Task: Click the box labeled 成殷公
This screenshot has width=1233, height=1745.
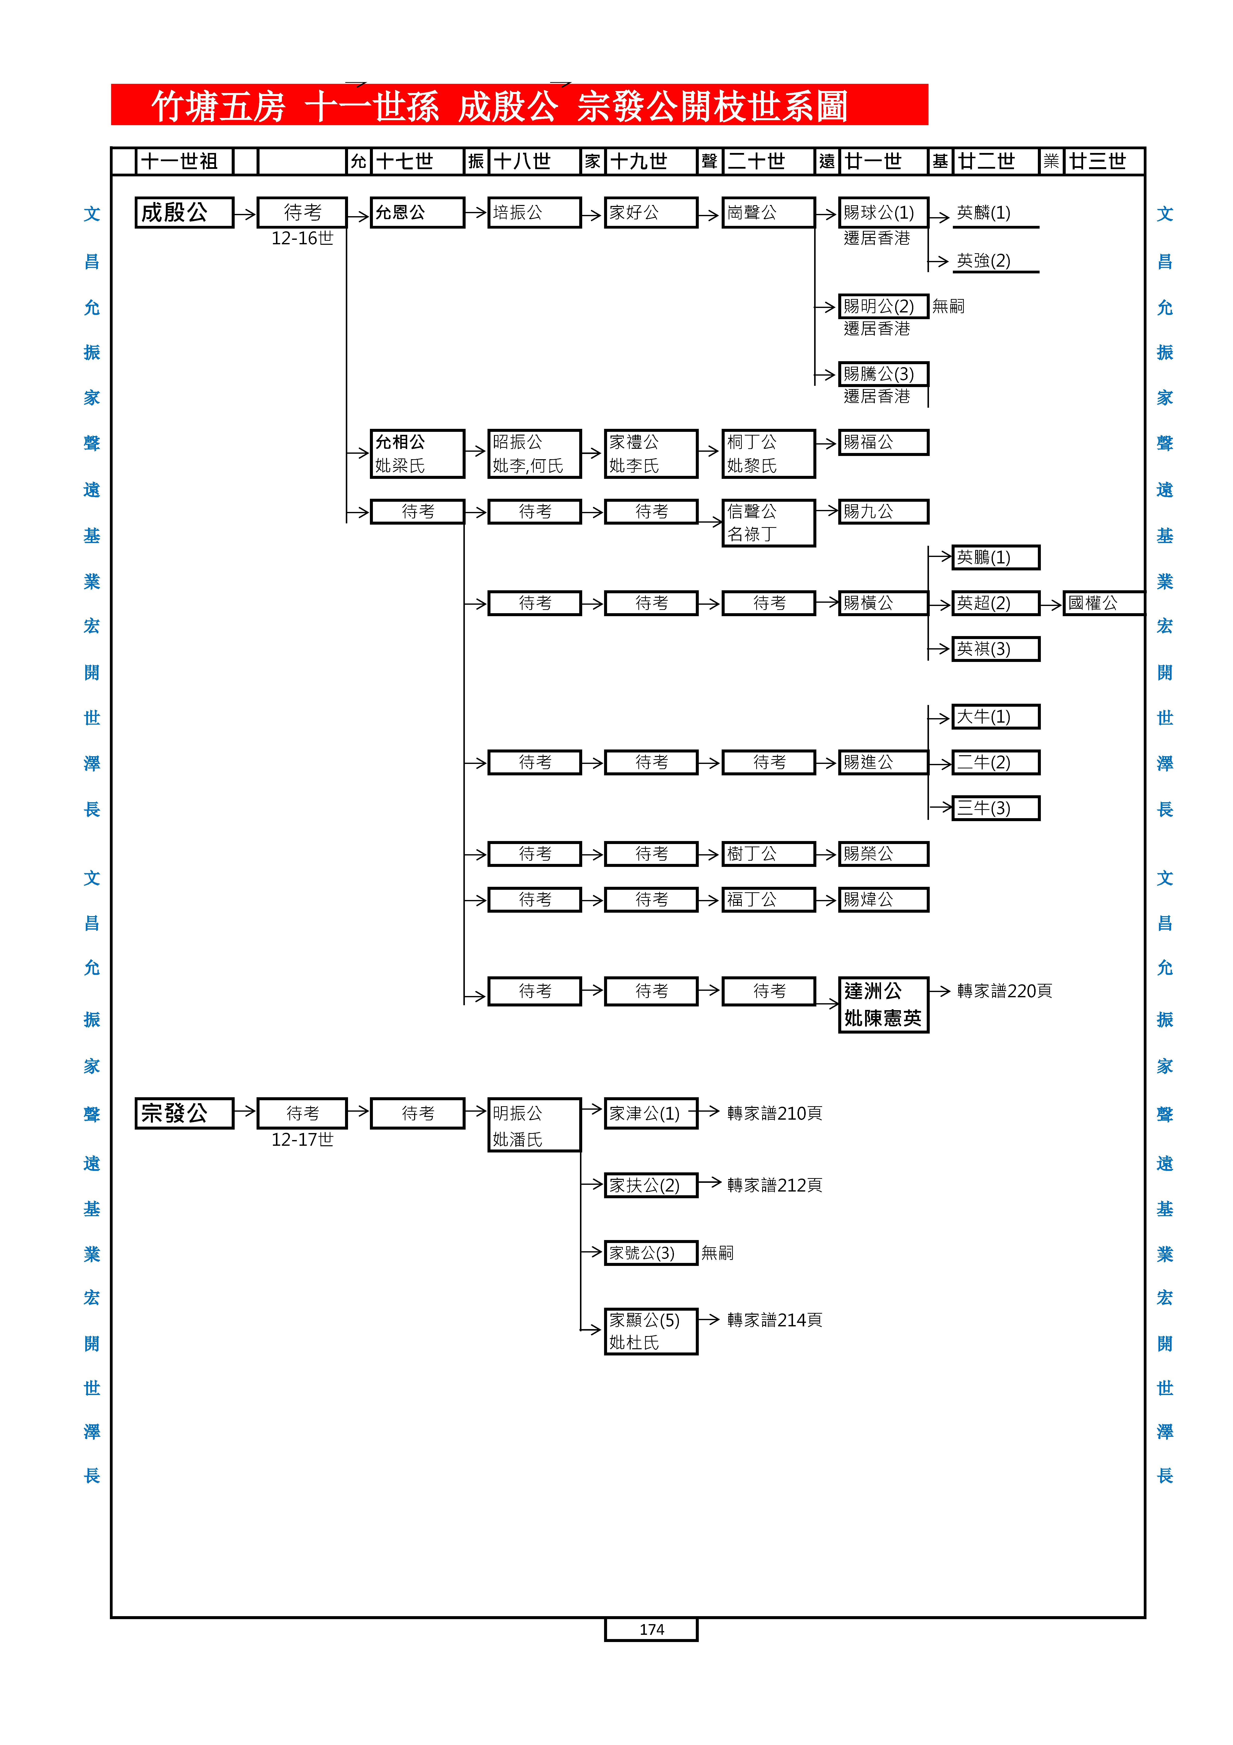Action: pyautogui.click(x=184, y=213)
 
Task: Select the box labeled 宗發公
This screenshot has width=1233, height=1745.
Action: pyautogui.click(x=184, y=1113)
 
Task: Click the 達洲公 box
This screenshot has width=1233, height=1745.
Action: pyautogui.click(x=883, y=1004)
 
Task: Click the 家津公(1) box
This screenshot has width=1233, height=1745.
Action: pyautogui.click(x=650, y=1113)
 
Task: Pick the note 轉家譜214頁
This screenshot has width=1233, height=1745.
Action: pyautogui.click(x=774, y=1320)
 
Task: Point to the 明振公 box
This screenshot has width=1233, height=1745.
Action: pyautogui.click(x=534, y=1125)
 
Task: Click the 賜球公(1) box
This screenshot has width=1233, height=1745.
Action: pyautogui.click(x=883, y=213)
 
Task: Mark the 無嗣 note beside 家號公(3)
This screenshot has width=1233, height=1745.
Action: pyautogui.click(x=717, y=1252)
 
